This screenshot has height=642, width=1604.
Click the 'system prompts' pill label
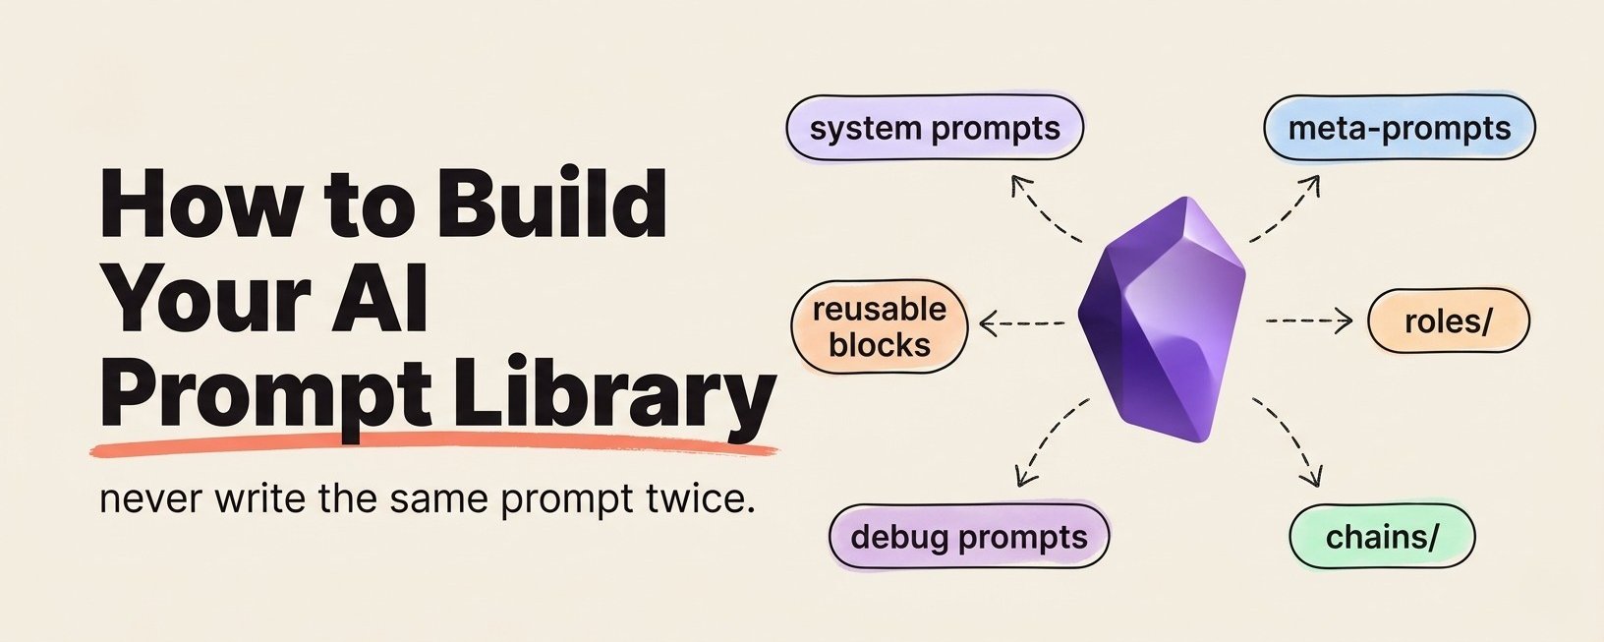point(935,128)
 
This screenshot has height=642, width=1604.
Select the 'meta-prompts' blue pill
point(1400,128)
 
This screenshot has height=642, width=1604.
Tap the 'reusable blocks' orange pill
point(880,326)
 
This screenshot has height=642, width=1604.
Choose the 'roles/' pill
point(1448,321)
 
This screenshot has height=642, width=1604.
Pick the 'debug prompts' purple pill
point(969,537)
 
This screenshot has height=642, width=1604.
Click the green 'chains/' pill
point(1381,537)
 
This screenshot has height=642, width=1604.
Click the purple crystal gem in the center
point(1162,320)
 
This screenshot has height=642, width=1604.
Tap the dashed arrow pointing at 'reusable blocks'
point(1021,323)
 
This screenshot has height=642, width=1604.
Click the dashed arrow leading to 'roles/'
point(1309,321)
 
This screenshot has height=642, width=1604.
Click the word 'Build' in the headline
point(552,203)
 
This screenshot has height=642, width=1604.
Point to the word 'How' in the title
point(200,203)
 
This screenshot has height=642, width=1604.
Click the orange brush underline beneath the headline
point(434,446)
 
